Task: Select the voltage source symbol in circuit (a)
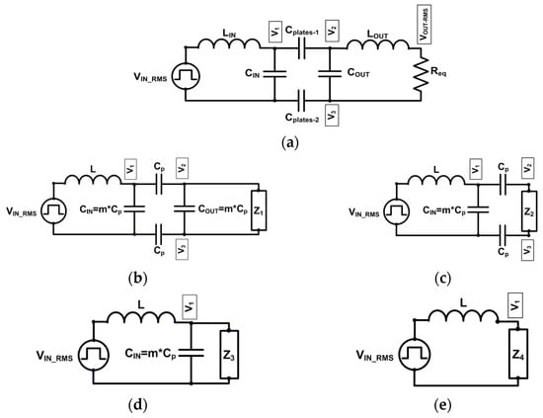(188, 75)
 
